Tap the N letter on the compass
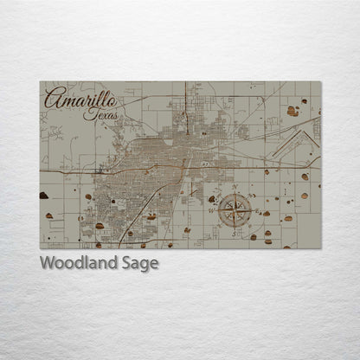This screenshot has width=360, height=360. coord(235,187)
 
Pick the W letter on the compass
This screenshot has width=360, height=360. coord(212,209)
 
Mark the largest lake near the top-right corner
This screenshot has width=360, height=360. coord(293,111)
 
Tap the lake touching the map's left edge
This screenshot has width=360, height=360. coord(44,196)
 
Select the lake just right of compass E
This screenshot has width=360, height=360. coord(267,213)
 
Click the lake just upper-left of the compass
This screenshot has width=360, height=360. coord(212,199)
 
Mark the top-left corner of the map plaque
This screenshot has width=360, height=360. coord(40,82)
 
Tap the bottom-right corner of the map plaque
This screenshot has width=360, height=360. coord(320,249)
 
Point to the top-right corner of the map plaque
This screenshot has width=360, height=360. coord(320,82)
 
